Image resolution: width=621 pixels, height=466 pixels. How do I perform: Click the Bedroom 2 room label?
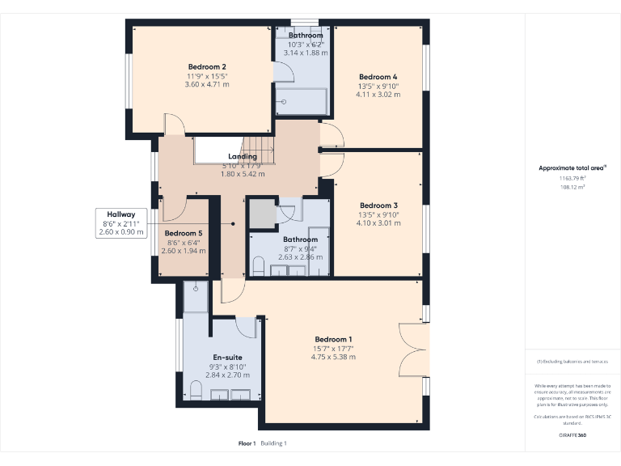pyautogui.click(x=207, y=66)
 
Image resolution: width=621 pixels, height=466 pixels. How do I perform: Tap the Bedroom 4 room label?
pyautogui.click(x=378, y=77)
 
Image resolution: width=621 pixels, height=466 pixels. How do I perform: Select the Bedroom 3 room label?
pyautogui.click(x=378, y=205)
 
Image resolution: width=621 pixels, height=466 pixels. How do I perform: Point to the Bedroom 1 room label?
pyautogui.click(x=333, y=339)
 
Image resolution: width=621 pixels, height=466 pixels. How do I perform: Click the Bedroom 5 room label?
pyautogui.click(x=184, y=233)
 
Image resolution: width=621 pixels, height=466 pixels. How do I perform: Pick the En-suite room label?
pyautogui.click(x=227, y=357)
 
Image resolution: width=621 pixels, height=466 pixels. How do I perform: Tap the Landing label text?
pyautogui.click(x=243, y=156)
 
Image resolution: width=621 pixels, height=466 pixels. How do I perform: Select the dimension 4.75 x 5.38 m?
pyautogui.click(x=333, y=357)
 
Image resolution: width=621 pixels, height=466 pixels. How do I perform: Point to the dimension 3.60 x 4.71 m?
pyautogui.click(x=207, y=84)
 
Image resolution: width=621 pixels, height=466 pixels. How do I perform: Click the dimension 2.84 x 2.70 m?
pyautogui.click(x=227, y=375)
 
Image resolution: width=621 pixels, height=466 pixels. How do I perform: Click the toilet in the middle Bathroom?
pyautogui.click(x=259, y=266)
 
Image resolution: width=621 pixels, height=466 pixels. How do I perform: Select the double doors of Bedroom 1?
pyautogui.click(x=412, y=349)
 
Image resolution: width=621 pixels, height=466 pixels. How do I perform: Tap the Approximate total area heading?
pyautogui.click(x=572, y=168)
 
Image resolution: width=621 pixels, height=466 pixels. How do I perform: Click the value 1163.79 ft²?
pyautogui.click(x=572, y=178)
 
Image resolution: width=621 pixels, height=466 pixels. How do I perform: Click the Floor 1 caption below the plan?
pyautogui.click(x=247, y=443)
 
